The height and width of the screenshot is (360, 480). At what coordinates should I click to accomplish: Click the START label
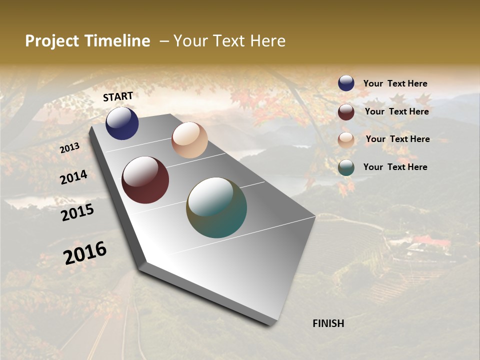pyautogui.click(x=118, y=96)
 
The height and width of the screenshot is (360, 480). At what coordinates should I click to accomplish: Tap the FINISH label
pyautogui.click(x=328, y=323)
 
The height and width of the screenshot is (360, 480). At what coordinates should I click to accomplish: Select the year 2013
pyautogui.click(x=69, y=148)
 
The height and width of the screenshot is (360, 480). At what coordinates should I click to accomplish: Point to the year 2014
pyautogui.click(x=73, y=177)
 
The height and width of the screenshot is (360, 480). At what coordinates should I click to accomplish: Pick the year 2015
pyautogui.click(x=77, y=212)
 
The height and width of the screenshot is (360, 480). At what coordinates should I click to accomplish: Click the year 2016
pyautogui.click(x=85, y=253)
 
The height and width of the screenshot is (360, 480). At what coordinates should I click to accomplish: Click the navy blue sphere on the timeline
pyautogui.click(x=122, y=123)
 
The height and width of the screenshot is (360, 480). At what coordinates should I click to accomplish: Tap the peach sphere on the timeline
pyautogui.click(x=189, y=140)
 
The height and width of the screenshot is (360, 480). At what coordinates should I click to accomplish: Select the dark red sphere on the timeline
pyautogui.click(x=145, y=180)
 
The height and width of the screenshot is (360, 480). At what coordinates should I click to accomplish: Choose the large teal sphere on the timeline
pyautogui.click(x=216, y=207)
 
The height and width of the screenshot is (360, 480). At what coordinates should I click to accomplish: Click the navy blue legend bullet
pyautogui.click(x=346, y=83)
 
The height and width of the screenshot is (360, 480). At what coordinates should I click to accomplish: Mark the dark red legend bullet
pyautogui.click(x=346, y=112)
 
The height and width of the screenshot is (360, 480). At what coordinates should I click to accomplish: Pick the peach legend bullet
pyautogui.click(x=346, y=140)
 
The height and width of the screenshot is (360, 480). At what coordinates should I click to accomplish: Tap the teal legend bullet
pyautogui.click(x=346, y=168)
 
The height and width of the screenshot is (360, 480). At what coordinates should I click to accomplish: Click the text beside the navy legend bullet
pyautogui.click(x=395, y=84)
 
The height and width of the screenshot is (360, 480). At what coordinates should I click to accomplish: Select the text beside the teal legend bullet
pyautogui.click(x=395, y=167)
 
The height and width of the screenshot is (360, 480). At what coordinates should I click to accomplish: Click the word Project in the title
pyautogui.click(x=52, y=41)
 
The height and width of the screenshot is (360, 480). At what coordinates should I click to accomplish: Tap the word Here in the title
pyautogui.click(x=268, y=41)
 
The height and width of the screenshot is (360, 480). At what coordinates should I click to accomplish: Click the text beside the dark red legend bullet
pyautogui.click(x=397, y=111)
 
